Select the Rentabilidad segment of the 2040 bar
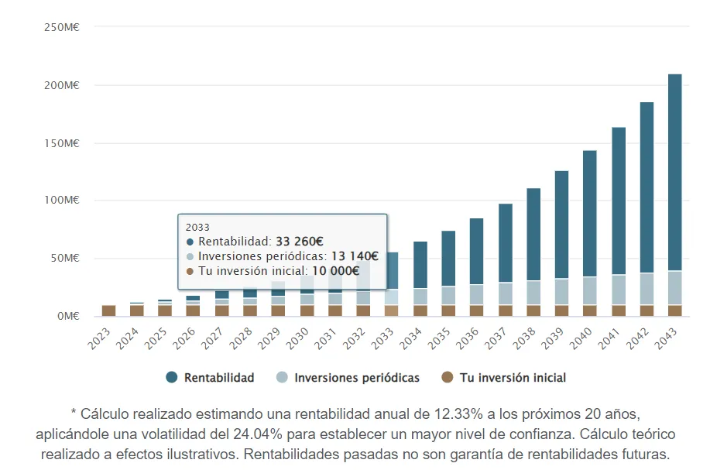(589, 213)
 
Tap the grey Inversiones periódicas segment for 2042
(647, 289)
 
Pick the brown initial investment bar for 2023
(109, 310)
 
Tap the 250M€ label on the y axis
(63, 26)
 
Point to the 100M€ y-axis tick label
(63, 200)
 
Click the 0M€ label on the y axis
(67, 316)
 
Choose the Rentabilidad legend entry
(219, 378)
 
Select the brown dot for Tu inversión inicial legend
(447, 378)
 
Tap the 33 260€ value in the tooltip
(300, 242)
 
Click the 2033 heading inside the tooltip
(198, 228)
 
